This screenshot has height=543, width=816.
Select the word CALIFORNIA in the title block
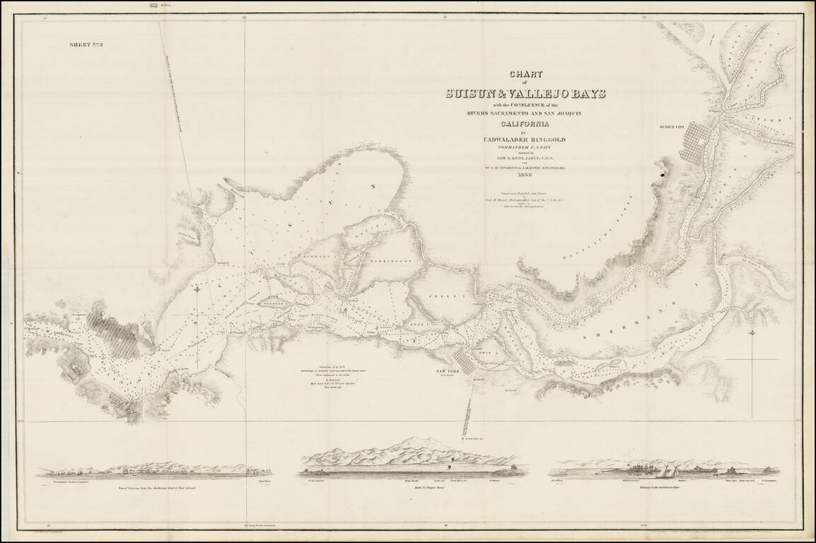[525, 126]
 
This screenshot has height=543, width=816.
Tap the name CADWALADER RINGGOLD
[525, 139]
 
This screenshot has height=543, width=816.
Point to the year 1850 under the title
[525, 175]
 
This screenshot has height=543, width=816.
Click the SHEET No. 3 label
[87, 45]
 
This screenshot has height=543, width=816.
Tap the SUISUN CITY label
[672, 127]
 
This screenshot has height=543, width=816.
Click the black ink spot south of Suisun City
[663, 170]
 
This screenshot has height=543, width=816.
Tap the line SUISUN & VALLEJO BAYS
[525, 93]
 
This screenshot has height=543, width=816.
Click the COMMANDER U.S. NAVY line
[525, 148]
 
